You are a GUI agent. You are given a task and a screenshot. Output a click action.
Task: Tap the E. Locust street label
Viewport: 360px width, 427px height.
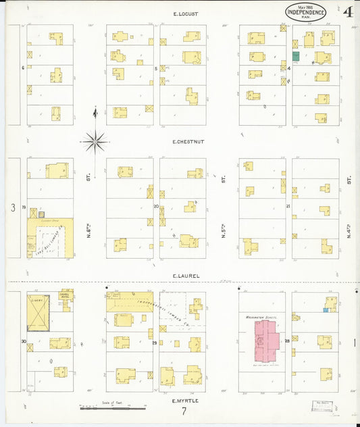tap(184, 14)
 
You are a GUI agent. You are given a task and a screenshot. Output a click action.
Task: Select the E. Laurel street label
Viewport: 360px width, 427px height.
tap(184, 276)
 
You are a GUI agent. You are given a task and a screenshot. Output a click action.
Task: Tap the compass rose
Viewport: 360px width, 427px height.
tap(95, 141)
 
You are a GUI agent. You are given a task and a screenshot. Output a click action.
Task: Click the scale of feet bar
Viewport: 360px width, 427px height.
tap(113, 407)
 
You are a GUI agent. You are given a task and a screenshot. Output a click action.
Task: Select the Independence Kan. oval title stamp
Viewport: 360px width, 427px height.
tap(306, 11)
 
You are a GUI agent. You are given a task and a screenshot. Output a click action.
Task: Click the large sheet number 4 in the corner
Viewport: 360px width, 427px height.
tap(347, 11)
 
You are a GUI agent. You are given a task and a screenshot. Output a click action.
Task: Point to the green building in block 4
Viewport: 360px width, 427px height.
tap(295, 57)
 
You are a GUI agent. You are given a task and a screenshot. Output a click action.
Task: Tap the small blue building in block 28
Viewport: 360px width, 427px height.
tap(326, 310)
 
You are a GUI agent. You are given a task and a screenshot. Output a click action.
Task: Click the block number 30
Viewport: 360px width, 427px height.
tap(23, 341)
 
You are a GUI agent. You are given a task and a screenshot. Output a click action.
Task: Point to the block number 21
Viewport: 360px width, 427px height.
tap(287, 205)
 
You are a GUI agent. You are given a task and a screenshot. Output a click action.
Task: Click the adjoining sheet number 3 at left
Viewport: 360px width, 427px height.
tap(13, 208)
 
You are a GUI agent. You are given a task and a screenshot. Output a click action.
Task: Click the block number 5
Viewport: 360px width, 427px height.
tap(156, 68)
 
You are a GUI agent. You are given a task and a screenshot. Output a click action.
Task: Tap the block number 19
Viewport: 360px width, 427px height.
tap(23, 207)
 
